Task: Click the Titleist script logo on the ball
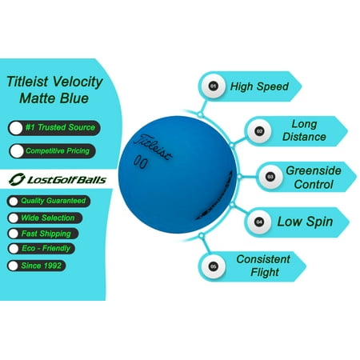click(x=153, y=147)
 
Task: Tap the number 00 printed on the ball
click(x=140, y=162)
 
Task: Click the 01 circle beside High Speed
click(x=213, y=86)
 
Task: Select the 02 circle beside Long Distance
click(x=259, y=131)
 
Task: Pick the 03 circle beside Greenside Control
click(x=270, y=177)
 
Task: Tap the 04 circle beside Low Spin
click(x=259, y=222)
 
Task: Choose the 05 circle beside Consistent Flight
click(x=213, y=266)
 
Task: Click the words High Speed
click(x=259, y=86)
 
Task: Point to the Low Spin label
click(x=305, y=222)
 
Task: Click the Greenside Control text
click(x=314, y=178)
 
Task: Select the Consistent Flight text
click(x=263, y=266)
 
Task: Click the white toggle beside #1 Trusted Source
click(x=16, y=128)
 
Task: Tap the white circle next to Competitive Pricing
click(x=17, y=151)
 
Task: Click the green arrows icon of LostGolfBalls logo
click(x=17, y=179)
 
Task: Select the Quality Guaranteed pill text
click(x=54, y=201)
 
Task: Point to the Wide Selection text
click(x=48, y=218)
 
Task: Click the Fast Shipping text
click(x=46, y=234)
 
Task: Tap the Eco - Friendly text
click(x=46, y=249)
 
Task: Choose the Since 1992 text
click(x=42, y=266)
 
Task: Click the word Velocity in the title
click(x=78, y=82)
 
